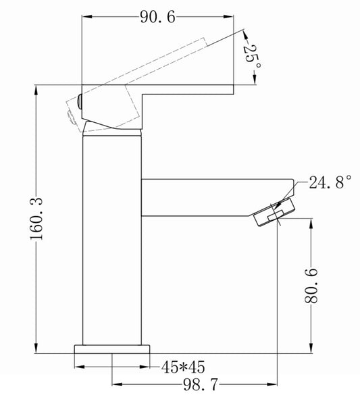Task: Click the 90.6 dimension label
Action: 157,18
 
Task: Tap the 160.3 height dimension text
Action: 36,219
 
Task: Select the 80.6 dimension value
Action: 311,286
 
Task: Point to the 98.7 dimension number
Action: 200,385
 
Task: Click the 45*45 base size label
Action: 183,367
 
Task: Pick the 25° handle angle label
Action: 251,57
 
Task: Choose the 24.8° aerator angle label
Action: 330,182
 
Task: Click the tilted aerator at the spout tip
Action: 275,212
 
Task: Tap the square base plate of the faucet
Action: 112,349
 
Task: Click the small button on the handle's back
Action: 80,101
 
